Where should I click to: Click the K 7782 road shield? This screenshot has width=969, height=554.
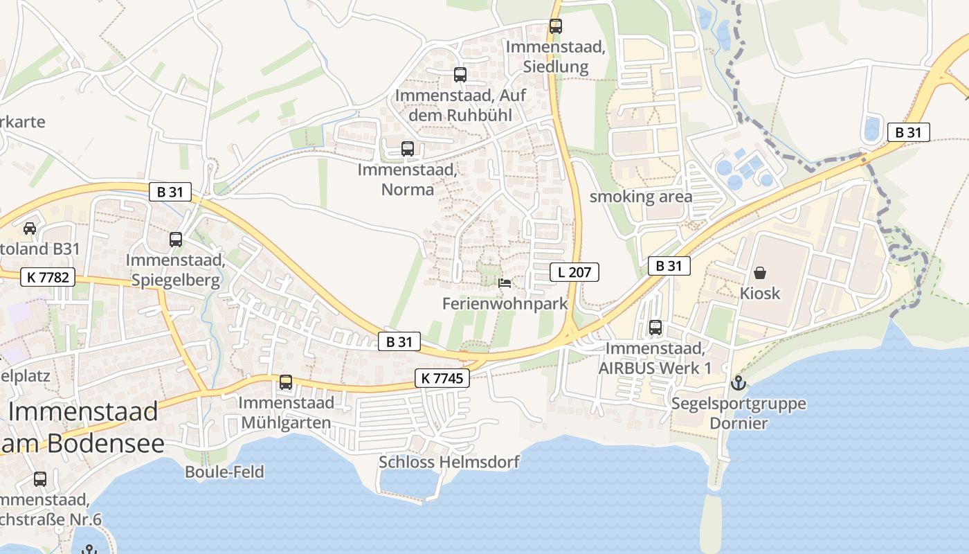point(48,277)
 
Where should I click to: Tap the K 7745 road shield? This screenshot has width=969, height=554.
point(443,378)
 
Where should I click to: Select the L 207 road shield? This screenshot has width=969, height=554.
point(574,272)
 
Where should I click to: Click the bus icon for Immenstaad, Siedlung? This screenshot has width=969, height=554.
point(555,26)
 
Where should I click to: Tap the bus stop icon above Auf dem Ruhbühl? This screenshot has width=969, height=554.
point(460,75)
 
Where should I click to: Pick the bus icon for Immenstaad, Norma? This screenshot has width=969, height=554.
point(408,148)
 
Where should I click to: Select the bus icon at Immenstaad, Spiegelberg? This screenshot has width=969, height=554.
point(176,240)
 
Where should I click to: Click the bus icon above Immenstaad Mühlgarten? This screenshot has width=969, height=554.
point(285,382)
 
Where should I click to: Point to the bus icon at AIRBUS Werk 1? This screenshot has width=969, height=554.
point(655,328)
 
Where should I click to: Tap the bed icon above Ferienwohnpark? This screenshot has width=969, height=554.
point(505,283)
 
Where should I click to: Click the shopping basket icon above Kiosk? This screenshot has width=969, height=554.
point(760,273)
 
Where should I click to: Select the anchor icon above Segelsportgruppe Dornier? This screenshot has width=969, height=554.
point(738,383)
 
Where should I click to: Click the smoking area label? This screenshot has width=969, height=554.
point(640,197)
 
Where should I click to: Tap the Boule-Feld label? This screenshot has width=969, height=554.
point(224,472)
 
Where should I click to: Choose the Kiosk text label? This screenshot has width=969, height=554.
point(760,293)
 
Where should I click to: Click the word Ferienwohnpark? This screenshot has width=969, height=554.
point(505,303)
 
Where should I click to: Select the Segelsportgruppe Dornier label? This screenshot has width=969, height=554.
point(739,413)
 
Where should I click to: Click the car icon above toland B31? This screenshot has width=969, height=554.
point(30,229)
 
